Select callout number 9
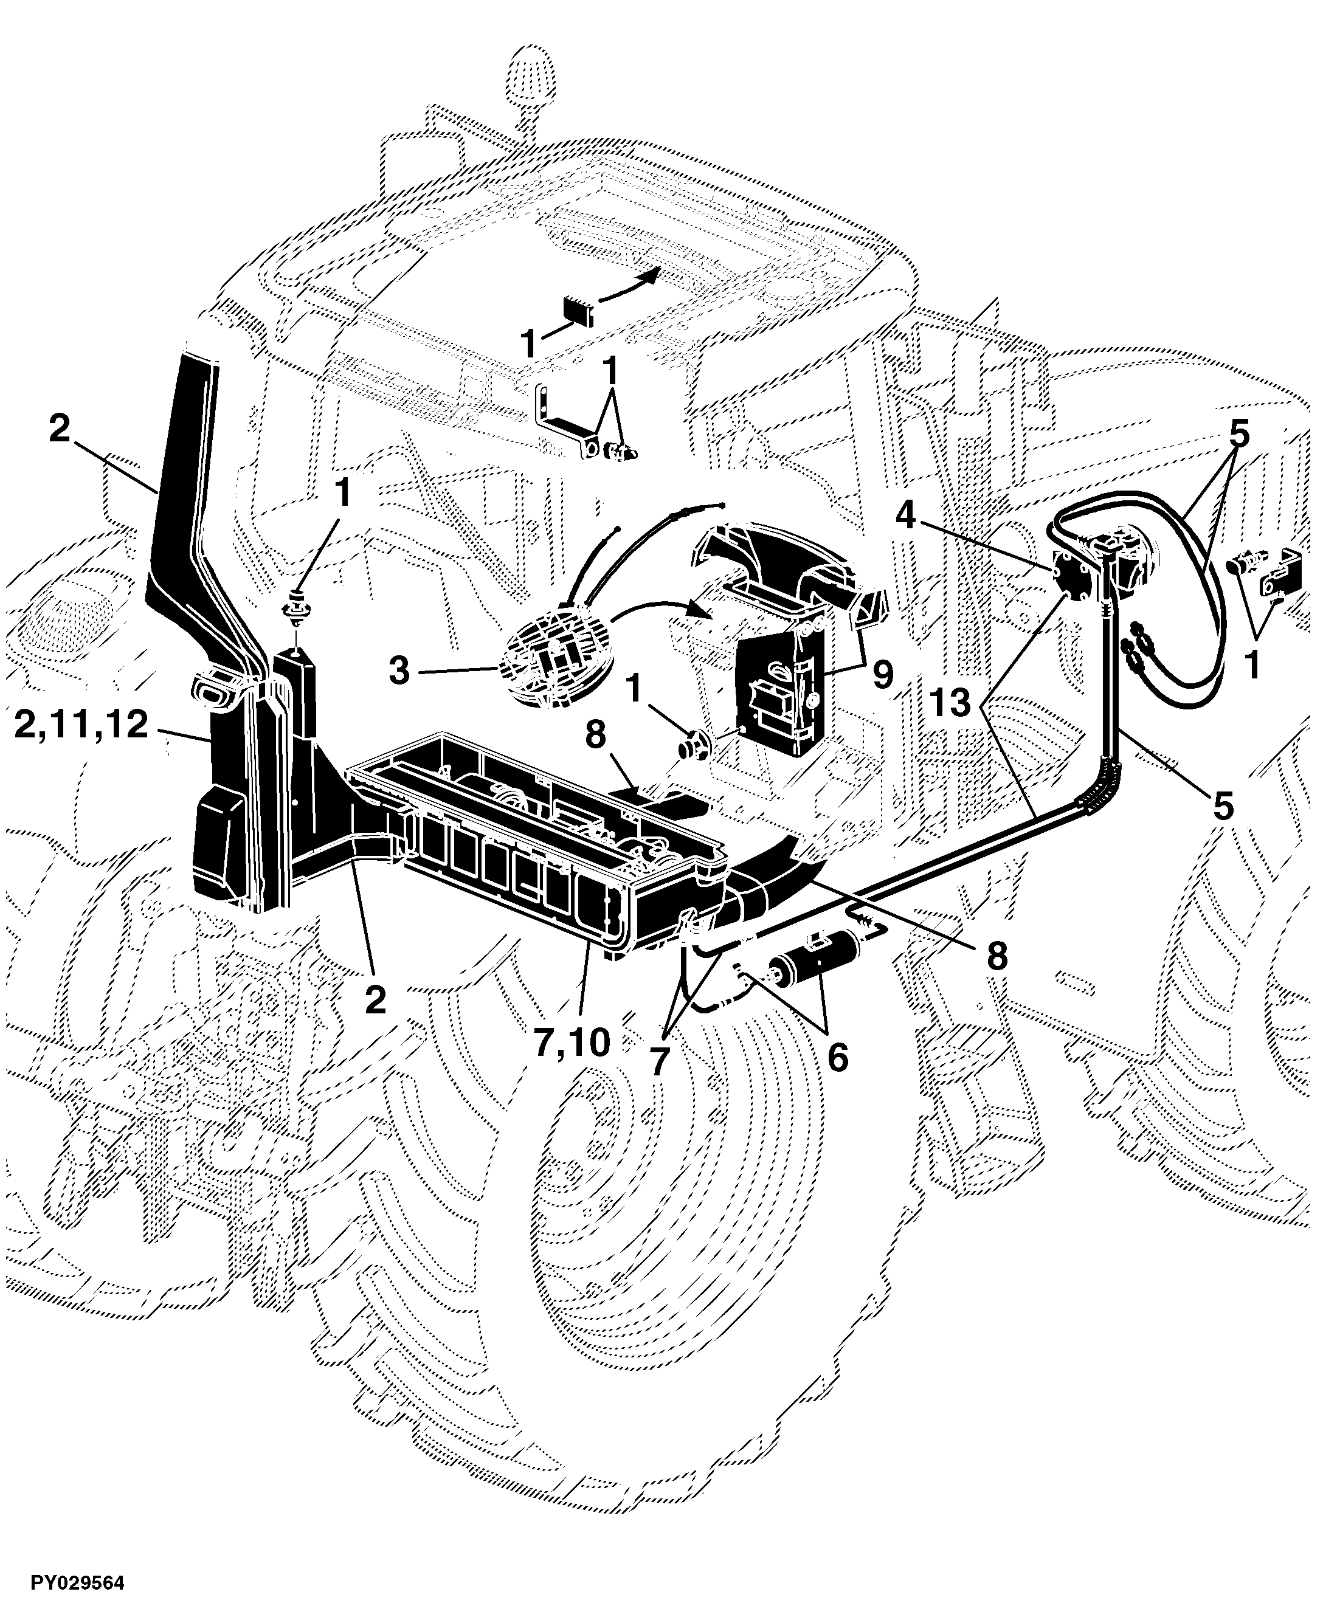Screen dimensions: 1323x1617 [883, 674]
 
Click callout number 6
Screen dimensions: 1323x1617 [837, 1058]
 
